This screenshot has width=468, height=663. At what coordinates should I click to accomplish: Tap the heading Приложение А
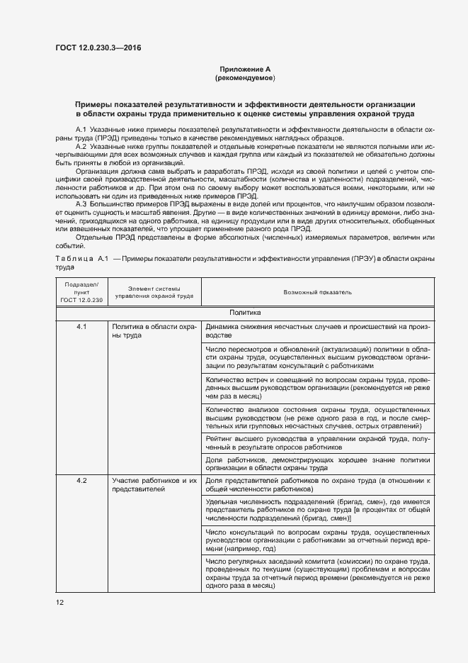click(245, 69)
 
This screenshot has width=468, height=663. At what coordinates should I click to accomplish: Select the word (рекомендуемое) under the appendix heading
click(245, 77)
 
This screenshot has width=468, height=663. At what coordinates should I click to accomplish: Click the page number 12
click(60, 602)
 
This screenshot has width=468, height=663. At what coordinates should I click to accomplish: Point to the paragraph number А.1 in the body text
click(81, 130)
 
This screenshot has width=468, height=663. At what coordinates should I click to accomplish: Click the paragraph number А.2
click(81, 146)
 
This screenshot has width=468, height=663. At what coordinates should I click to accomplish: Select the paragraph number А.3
click(81, 202)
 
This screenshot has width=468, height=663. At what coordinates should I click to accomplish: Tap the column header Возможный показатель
click(317, 291)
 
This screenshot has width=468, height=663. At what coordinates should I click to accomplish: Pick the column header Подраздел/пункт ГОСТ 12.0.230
click(81, 291)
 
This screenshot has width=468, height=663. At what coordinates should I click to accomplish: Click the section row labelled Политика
click(245, 312)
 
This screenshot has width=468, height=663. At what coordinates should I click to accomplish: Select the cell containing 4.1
click(81, 327)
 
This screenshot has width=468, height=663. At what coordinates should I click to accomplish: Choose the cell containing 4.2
click(81, 481)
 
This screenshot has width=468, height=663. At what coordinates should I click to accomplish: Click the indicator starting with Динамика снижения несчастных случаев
click(317, 331)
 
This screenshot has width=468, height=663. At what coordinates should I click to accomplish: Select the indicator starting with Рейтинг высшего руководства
click(317, 443)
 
